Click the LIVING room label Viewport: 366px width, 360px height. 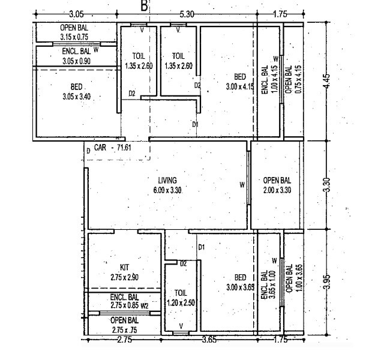pyautogui.click(x=167, y=185)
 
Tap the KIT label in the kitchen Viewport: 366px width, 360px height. pyautogui.click(x=124, y=272)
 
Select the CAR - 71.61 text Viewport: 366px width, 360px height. pyautogui.click(x=112, y=146)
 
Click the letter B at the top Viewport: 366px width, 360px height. pyautogui.click(x=143, y=6)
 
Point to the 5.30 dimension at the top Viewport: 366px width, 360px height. pyautogui.click(x=187, y=13)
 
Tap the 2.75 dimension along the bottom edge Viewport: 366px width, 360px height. pyautogui.click(x=124, y=341)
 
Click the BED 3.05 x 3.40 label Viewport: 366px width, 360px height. pyautogui.click(x=76, y=91)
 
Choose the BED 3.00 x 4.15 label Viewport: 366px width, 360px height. pyautogui.click(x=240, y=82)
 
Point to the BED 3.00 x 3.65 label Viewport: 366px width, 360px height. pyautogui.click(x=240, y=282)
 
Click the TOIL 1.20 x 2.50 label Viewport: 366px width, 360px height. pyautogui.click(x=181, y=298)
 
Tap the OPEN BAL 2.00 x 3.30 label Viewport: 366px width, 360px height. pyautogui.click(x=277, y=185)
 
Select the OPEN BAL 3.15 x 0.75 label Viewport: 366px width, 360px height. pyautogui.click(x=73, y=32)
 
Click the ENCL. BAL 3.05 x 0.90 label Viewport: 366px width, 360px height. pyautogui.click(x=76, y=56)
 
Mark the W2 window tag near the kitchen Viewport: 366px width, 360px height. pyautogui.click(x=145, y=305)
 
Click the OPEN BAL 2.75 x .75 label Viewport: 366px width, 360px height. pyautogui.click(x=124, y=325)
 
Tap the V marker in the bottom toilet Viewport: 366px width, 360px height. pyautogui.click(x=181, y=327)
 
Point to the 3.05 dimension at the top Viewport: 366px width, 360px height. pyautogui.click(x=76, y=13)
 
